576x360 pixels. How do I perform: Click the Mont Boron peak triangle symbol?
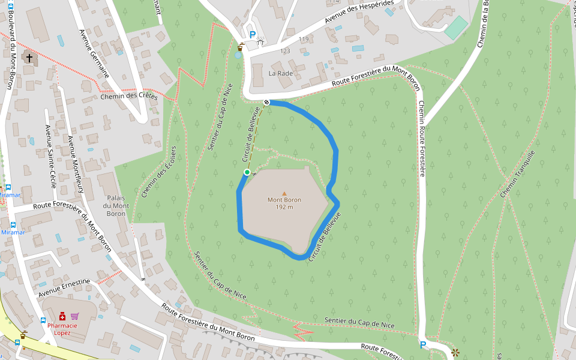pos(284,193)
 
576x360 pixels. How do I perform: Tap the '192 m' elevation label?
pos(284,207)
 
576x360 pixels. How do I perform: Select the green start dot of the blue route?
pos(247,172)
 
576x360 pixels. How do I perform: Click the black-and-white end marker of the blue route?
pos(266,102)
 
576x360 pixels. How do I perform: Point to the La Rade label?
pos(280,74)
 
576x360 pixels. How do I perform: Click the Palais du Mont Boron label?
pos(116,206)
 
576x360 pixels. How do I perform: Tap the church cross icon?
pos(29,58)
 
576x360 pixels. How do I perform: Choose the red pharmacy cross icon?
pos(62,316)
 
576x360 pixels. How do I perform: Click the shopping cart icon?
pos(74,316)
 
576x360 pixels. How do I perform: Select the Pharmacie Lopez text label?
pos(62,329)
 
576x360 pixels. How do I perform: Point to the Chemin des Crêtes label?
pos(129,97)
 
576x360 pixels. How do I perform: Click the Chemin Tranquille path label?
pos(517,174)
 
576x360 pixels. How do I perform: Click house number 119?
pos(303,40)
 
